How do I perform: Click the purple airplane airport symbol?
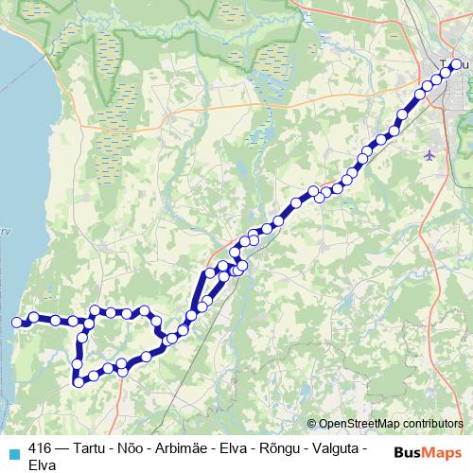coord(431,154)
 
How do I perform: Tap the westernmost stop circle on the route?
coord(16,323)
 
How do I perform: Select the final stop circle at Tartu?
coord(456,64)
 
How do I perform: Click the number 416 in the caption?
coord(41,449)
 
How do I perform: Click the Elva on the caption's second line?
coord(44,465)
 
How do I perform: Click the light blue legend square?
coord(13,452)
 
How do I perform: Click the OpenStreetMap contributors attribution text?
coord(390,423)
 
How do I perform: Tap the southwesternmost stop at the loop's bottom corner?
coord(79,382)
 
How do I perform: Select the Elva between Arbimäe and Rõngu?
coord(235,449)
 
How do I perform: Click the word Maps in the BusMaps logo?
coord(441,452)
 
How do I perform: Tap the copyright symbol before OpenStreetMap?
coord(312,423)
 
